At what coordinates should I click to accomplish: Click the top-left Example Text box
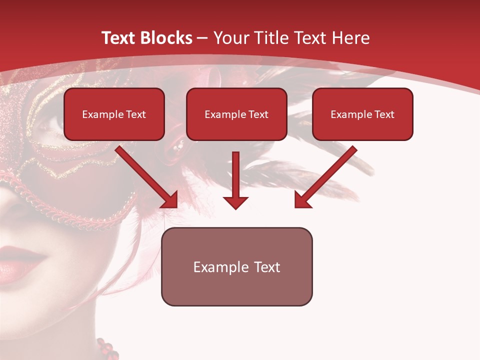pyautogui.click(x=114, y=114)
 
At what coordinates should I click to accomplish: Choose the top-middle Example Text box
pyautogui.click(x=236, y=114)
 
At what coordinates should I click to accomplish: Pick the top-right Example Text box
pyautogui.click(x=362, y=114)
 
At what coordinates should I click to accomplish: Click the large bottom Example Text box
pyautogui.click(x=236, y=266)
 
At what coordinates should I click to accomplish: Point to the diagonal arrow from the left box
pyautogui.click(x=147, y=177)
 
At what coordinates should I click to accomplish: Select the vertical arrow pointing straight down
pyautogui.click(x=235, y=180)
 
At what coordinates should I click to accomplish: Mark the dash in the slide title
pyautogui.click(x=202, y=38)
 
